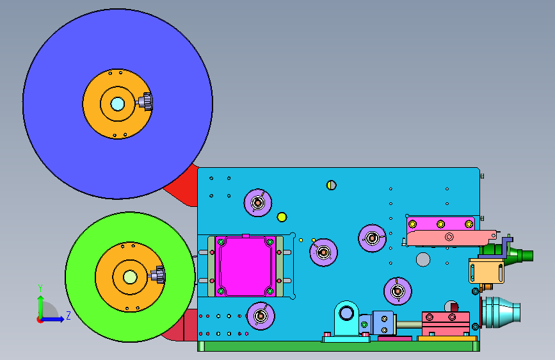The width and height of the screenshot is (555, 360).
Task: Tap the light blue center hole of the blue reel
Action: click(118, 104)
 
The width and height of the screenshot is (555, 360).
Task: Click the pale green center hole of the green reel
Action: click(130, 277)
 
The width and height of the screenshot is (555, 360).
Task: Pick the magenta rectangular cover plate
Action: click(245, 266)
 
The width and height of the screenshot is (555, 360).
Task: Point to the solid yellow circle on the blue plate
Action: click(282, 217)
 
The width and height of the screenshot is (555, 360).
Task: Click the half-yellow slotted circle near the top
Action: click(332, 185)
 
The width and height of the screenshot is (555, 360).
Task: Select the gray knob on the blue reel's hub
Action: click(145, 102)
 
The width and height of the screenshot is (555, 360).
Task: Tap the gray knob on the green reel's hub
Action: click(158, 275)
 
